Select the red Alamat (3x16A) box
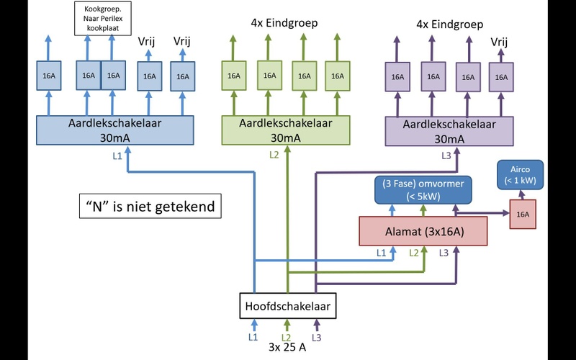pos(423,230)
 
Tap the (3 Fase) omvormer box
pos(423,190)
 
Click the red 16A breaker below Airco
pos(523,214)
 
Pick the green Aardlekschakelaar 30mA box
pos(287,130)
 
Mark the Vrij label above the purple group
pos(500,42)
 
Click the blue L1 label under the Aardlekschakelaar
pos(117,156)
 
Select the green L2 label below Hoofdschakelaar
pos(286,337)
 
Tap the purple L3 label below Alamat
pos(444,253)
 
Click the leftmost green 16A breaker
pos(234,76)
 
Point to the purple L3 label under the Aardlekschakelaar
pos(446,156)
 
